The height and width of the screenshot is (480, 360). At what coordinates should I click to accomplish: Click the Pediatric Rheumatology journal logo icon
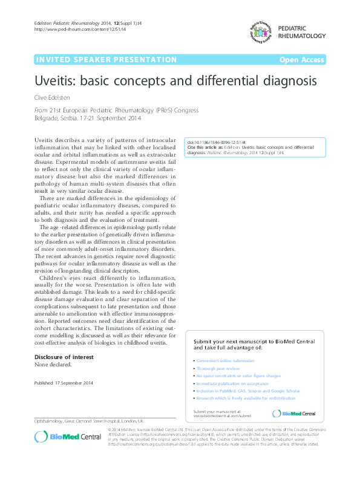tap(258, 31)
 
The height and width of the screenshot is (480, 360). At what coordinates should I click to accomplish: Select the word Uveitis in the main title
tap(56, 80)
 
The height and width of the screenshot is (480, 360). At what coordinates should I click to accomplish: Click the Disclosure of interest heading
tap(64, 357)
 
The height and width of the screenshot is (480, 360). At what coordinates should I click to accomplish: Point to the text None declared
tap(53, 365)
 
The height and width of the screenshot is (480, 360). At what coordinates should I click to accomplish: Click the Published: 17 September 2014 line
tap(64, 383)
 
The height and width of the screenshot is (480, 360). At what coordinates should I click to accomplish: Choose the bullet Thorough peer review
tap(218, 368)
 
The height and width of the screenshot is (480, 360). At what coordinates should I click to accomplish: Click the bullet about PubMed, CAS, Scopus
tap(240, 391)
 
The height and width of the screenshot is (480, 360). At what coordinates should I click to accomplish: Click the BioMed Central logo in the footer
tap(59, 436)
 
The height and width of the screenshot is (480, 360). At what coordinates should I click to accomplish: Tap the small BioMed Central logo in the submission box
tap(294, 414)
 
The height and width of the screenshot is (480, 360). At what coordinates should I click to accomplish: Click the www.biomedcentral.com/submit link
tap(221, 416)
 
